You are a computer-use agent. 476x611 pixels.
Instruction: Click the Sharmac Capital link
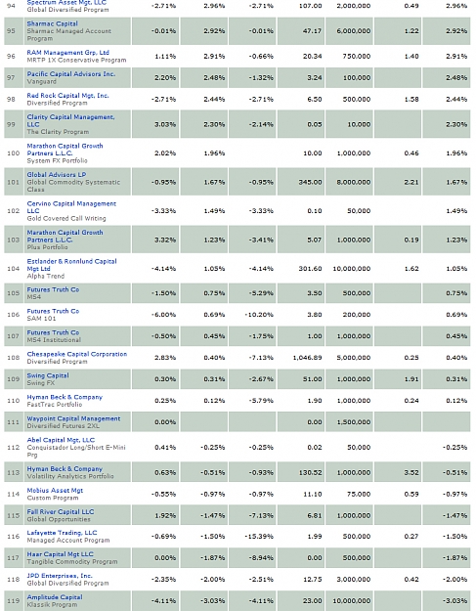[x=52, y=23]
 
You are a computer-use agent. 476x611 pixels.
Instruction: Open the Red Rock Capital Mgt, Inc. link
[x=67, y=96]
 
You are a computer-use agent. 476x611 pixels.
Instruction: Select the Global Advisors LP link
[x=57, y=175]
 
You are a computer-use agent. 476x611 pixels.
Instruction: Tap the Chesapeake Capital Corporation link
[x=77, y=354]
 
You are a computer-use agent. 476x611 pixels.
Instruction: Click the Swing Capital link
[x=48, y=375]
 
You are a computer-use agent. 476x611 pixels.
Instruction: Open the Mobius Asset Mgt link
[x=55, y=490]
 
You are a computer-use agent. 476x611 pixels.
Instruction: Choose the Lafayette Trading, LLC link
[x=62, y=533]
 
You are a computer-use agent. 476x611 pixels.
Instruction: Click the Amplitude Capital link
[x=55, y=597]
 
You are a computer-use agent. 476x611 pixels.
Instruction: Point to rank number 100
[x=14, y=153]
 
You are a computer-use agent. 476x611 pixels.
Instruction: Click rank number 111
[x=14, y=422]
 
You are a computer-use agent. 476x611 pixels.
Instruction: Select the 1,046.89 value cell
[x=307, y=358]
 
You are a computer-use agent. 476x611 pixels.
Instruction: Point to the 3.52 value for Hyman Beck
[x=411, y=472]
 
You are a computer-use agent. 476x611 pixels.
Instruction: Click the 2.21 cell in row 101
[x=411, y=182]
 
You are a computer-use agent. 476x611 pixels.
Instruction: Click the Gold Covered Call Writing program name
[x=66, y=218]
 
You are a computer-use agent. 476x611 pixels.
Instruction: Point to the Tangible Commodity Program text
[x=72, y=561]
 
